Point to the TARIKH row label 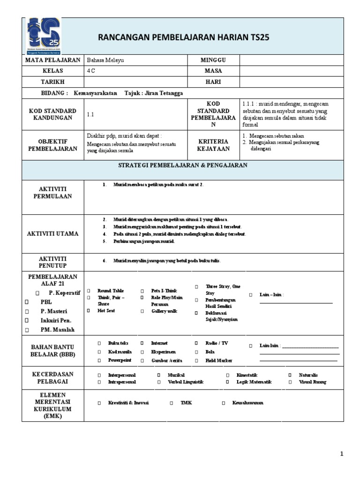(x=53, y=82)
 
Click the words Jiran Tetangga (x=164, y=93)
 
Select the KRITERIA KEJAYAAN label (x=213, y=145)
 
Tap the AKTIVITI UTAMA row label (x=53, y=233)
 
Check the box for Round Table (x=88, y=291)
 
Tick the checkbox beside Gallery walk (x=141, y=311)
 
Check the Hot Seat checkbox (x=88, y=311)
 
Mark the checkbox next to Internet (x=141, y=343)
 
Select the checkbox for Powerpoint (x=99, y=360)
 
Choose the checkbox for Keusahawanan (x=224, y=403)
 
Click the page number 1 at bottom (x=342, y=454)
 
